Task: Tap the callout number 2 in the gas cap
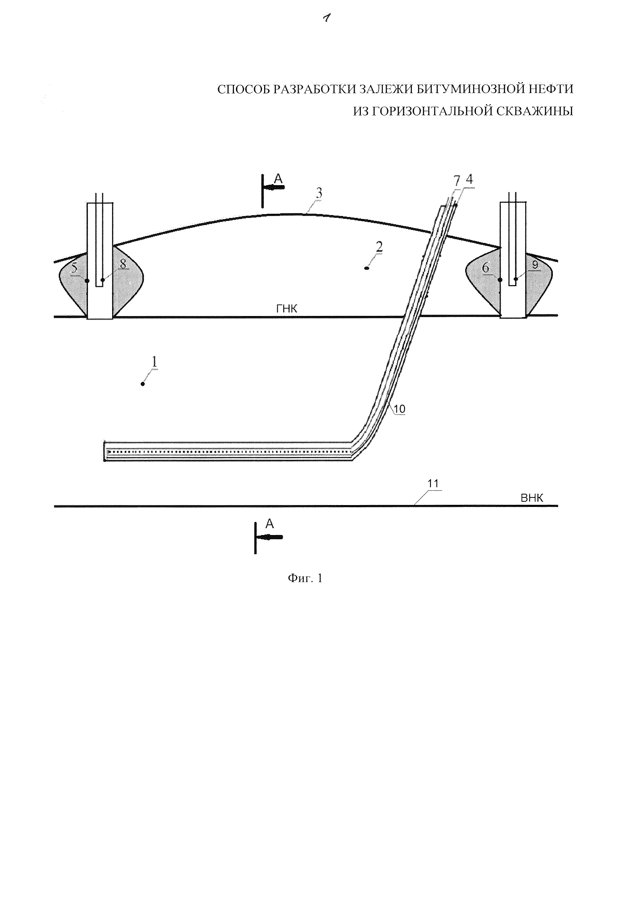click(379, 247)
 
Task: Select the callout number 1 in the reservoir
click(154, 362)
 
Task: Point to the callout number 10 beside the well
click(399, 409)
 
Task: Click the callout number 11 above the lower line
click(433, 484)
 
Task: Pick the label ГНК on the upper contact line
click(287, 309)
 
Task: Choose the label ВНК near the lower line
click(532, 498)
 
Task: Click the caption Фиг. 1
click(305, 578)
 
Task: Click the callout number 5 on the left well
click(74, 268)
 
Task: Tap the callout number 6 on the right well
click(485, 268)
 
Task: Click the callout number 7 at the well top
click(457, 181)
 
